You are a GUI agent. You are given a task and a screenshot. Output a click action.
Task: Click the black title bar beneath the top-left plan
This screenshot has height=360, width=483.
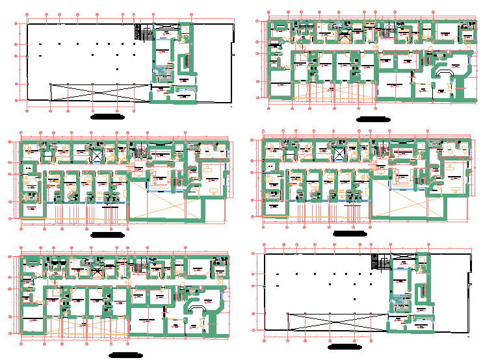(x=108, y=116)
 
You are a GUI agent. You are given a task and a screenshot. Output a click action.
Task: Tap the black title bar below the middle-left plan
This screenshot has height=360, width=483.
(x=108, y=234)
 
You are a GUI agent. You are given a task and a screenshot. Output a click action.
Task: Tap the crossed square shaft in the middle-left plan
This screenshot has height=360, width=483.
(x=97, y=155)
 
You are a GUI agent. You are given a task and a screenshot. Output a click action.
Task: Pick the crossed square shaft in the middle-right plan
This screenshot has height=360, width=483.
(x=339, y=154)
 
